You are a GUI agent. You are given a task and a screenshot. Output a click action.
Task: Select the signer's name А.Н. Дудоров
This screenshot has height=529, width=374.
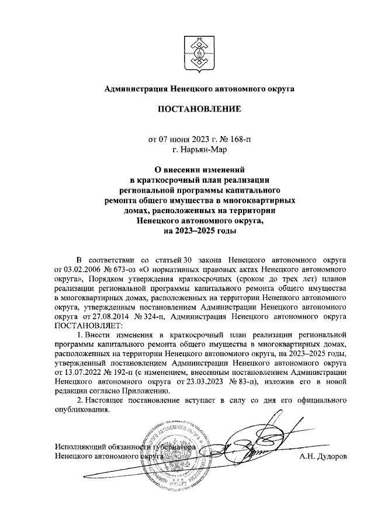click(x=323, y=457)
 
